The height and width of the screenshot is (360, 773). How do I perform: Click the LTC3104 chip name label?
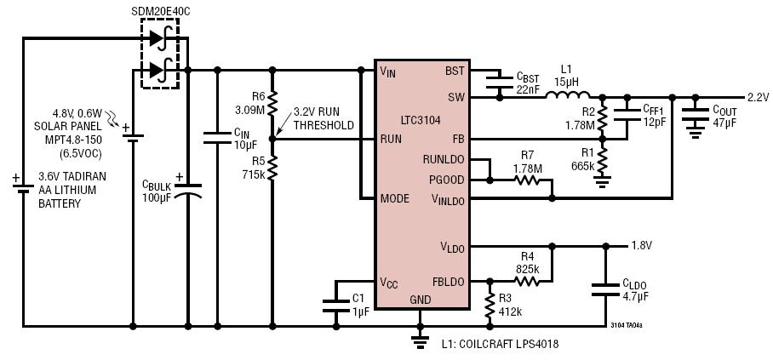click(x=421, y=119)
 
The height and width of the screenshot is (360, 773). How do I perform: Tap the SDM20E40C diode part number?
click(x=161, y=10)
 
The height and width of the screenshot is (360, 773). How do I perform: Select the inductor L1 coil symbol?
click(x=568, y=94)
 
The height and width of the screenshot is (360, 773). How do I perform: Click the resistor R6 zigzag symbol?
click(x=272, y=104)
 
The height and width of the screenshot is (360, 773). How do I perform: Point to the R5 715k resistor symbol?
click(x=272, y=168)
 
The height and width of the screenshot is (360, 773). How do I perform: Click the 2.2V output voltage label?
click(x=759, y=98)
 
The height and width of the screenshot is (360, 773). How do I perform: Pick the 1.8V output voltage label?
click(x=641, y=246)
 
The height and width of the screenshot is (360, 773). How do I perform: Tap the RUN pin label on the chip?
click(x=391, y=139)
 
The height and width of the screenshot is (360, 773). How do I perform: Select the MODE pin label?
click(x=395, y=198)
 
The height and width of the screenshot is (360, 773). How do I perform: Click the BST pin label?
click(x=455, y=71)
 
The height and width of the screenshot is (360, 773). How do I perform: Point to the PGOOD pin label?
click(x=447, y=180)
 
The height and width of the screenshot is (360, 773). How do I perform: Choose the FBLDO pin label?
click(x=447, y=282)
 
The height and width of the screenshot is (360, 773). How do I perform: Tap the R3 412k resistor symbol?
click(x=490, y=306)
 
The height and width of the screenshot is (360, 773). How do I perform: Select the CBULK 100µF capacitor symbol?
click(x=188, y=191)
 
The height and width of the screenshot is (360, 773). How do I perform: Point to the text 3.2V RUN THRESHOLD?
click(x=324, y=118)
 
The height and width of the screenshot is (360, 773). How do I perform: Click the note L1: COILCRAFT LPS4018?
click(x=501, y=344)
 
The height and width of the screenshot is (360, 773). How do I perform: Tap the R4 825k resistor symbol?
click(x=526, y=282)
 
